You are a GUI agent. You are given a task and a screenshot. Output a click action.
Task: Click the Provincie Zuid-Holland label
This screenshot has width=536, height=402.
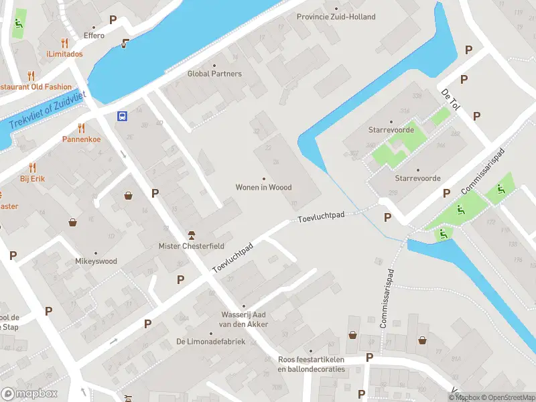click(336, 17)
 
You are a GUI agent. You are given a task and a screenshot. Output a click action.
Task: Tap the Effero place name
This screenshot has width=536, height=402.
click(94, 36)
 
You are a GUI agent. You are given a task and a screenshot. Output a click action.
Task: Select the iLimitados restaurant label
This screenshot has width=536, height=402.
click(64, 54)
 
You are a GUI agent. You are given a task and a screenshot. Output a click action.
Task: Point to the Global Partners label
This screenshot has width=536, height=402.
click(214, 74)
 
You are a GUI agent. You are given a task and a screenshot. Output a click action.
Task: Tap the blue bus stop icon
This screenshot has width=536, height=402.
click(123, 116)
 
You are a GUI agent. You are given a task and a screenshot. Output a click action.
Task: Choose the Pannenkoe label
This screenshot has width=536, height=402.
click(81, 139)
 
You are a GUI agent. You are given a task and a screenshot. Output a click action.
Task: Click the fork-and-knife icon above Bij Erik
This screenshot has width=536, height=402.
click(31, 167)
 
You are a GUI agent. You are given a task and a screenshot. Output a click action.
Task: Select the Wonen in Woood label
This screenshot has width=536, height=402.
click(263, 188)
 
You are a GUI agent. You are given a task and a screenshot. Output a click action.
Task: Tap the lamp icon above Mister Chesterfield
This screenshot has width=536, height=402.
click(191, 234)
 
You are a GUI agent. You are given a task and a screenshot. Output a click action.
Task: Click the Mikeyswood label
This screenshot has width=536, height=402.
click(96, 261)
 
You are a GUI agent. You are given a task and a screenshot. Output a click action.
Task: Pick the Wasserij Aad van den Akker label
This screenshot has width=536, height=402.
click(245, 320)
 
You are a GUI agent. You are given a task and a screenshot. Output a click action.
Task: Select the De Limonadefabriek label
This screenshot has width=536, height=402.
click(210, 342)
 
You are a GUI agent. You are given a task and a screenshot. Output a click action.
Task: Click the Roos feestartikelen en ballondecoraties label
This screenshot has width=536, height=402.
click(311, 364)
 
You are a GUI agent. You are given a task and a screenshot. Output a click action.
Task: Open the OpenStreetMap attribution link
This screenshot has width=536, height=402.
click(507, 397)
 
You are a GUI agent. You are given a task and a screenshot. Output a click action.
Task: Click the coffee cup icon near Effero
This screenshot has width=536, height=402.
click(125, 44)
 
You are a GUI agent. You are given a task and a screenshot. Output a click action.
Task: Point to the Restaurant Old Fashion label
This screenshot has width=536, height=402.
click(36, 87)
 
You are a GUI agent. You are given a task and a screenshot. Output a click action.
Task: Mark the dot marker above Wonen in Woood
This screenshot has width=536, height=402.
click(263, 178)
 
